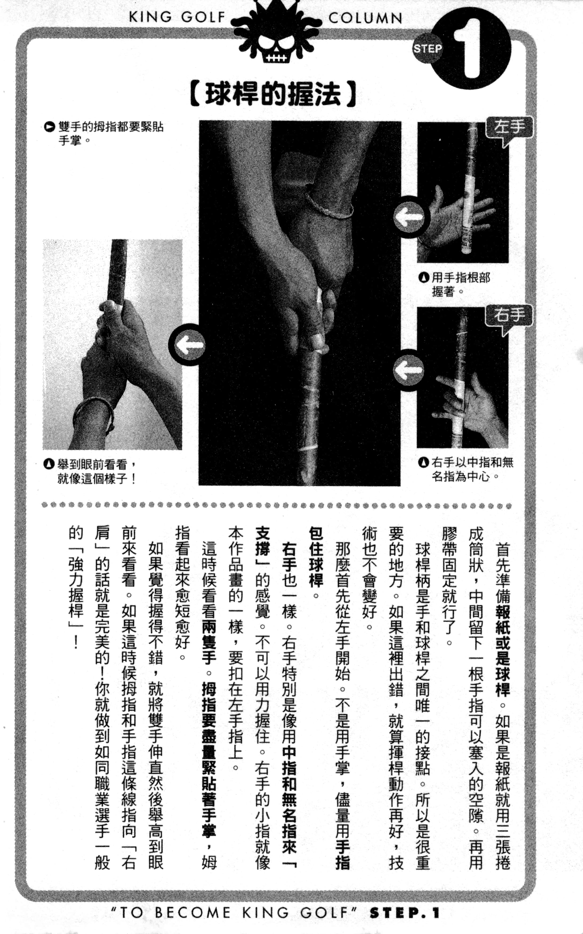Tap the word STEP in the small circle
click(427, 49)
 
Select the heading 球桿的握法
click(273, 94)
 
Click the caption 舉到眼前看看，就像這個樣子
click(92, 471)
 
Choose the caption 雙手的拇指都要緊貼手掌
click(106, 133)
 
